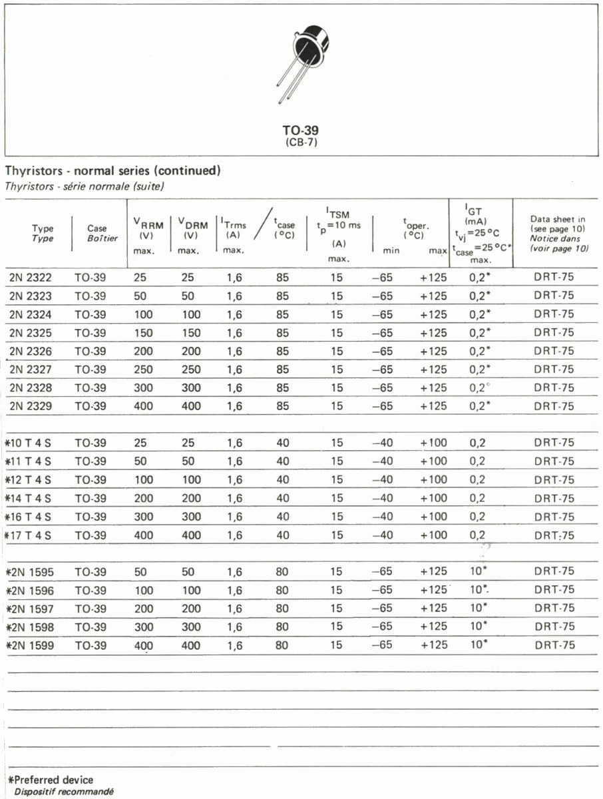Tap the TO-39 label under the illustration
pos(300,131)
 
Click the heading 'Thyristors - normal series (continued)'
pos(112,171)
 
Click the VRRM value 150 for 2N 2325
pos(143,333)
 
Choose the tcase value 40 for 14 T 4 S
pos(282,498)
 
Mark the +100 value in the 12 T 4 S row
pos(433,479)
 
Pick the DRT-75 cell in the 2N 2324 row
pos(554,314)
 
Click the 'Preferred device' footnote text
pos(53,780)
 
